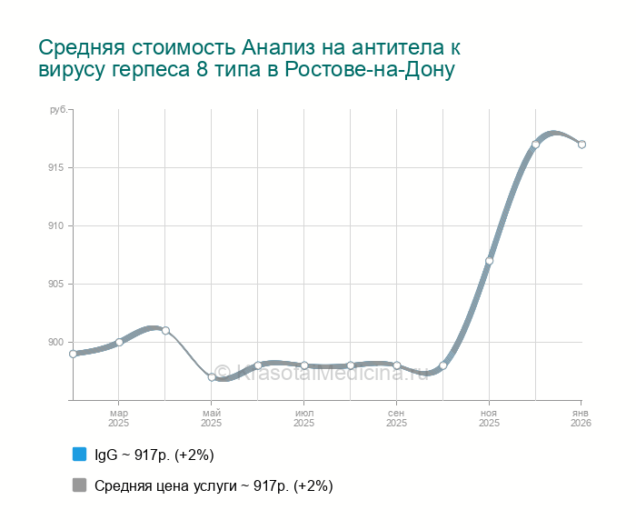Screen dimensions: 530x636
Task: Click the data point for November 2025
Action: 489,261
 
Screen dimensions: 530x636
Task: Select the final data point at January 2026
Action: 581,145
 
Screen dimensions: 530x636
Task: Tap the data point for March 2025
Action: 119,343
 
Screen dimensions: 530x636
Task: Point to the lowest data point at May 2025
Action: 212,377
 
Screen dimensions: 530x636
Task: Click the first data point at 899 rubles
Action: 73,354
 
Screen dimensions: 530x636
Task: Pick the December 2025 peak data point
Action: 535,145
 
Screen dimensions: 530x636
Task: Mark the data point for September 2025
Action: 397,365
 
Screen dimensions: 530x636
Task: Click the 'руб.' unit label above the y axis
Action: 58,109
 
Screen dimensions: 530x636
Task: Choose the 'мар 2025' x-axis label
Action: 119,418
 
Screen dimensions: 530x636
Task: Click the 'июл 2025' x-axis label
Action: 304,418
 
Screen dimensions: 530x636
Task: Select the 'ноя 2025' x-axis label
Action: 489,418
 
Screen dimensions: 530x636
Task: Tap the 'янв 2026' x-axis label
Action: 581,418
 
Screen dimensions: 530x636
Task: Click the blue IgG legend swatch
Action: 79,454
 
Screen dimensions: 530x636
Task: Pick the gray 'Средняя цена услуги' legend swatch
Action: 79,485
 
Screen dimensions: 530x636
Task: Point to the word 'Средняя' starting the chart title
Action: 82,46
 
